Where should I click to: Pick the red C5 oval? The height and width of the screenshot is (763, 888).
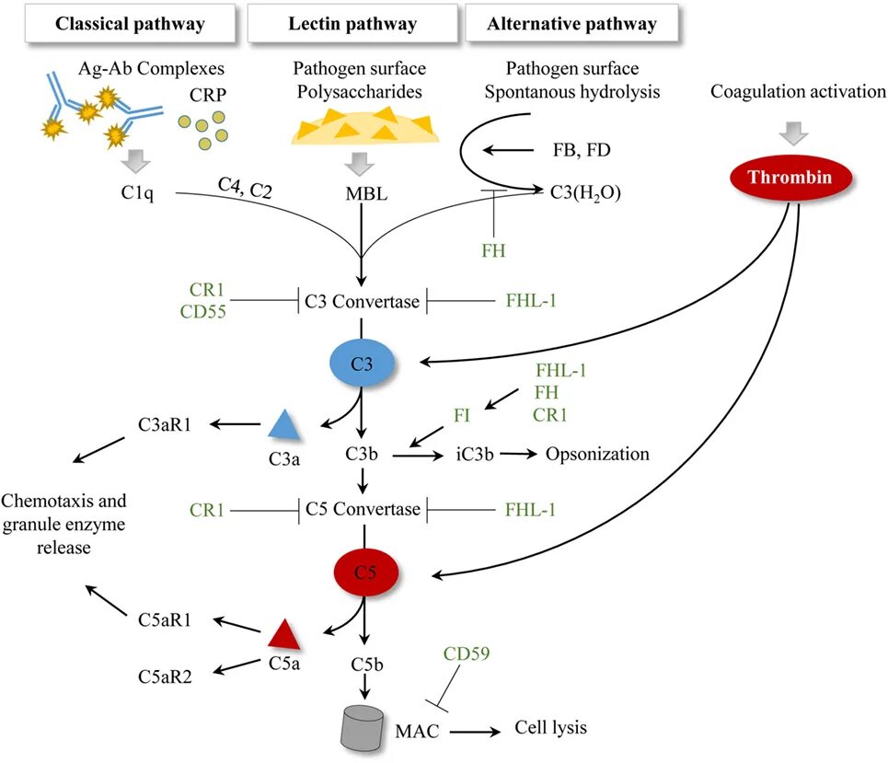365,572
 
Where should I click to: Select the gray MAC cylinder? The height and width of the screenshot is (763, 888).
363,728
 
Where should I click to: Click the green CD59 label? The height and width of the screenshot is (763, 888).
467,654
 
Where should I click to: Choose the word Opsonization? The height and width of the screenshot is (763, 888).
597,454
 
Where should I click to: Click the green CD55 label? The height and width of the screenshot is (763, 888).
203,312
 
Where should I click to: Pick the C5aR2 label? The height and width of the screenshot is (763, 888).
167,676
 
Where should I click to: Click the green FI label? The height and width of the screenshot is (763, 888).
461,415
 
